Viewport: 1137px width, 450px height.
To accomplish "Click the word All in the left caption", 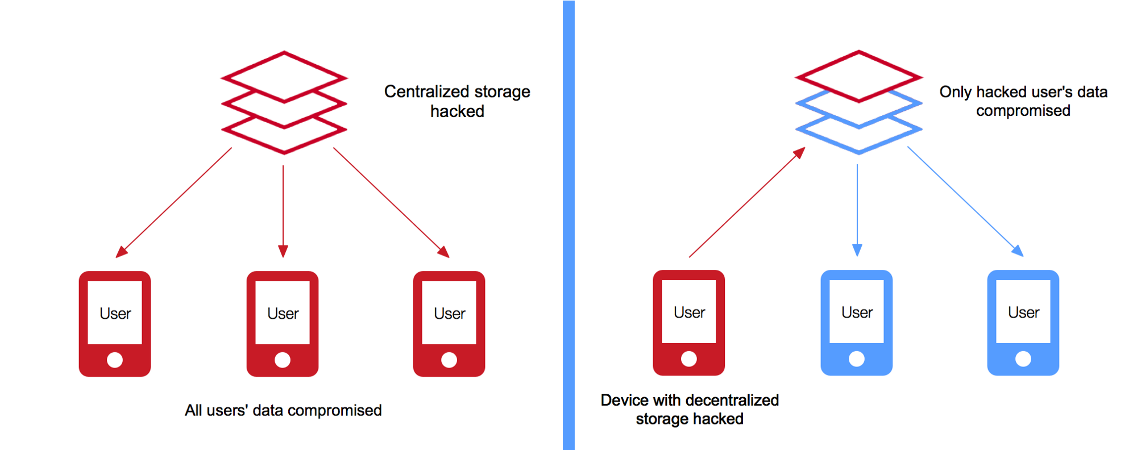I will click(x=193, y=410).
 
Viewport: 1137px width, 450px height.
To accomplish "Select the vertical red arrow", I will click(x=283, y=210).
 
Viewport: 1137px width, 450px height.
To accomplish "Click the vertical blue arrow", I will click(x=857, y=210).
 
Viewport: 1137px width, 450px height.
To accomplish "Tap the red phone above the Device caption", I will click(x=689, y=322).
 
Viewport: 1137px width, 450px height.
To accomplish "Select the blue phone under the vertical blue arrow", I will click(x=857, y=322).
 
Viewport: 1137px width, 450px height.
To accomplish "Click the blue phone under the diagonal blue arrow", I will click(x=1023, y=322).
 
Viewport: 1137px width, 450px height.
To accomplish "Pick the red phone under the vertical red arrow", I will click(x=283, y=323).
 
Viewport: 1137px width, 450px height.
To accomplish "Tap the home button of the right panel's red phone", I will click(x=689, y=359).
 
